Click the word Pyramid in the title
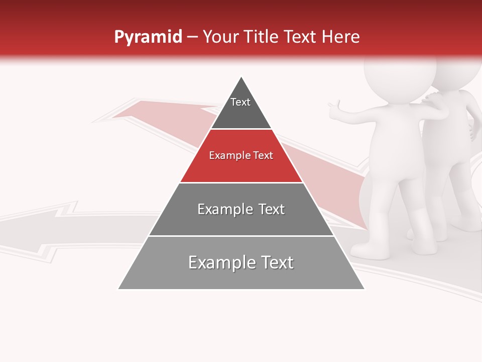(148, 37)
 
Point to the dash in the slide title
(192, 37)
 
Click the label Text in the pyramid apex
(240, 102)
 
